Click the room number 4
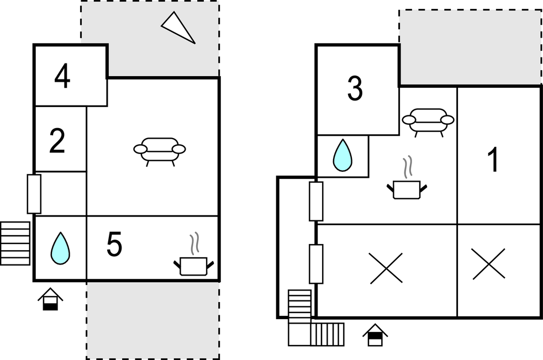pos(62,77)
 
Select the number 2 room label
pos(57,141)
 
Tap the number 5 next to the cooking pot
pos(114,245)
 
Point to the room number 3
pos(355,88)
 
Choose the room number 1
pos(493,159)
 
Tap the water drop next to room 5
pos(60,248)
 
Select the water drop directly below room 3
pos(342,155)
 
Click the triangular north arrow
pos(178,28)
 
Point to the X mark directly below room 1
pos(489,264)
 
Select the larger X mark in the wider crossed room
pos(386,268)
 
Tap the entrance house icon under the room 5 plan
pos(50,299)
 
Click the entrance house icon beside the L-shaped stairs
pos(375,335)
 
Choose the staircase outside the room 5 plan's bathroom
pos(15,243)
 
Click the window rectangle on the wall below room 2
pos(34,194)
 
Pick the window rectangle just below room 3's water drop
pos(316,201)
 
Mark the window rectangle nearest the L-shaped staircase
pos(316,264)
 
